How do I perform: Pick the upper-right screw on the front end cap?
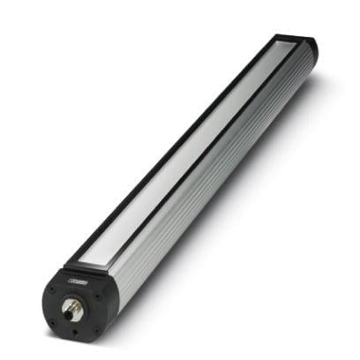coord(94,295)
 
